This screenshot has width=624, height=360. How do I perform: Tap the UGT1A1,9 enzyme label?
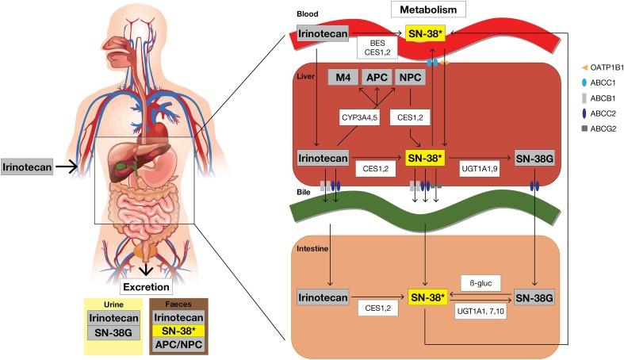point(478,169)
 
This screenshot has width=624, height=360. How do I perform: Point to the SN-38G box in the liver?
point(533,157)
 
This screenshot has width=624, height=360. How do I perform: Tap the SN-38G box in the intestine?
point(533,297)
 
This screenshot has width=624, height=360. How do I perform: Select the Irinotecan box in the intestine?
point(322,297)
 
